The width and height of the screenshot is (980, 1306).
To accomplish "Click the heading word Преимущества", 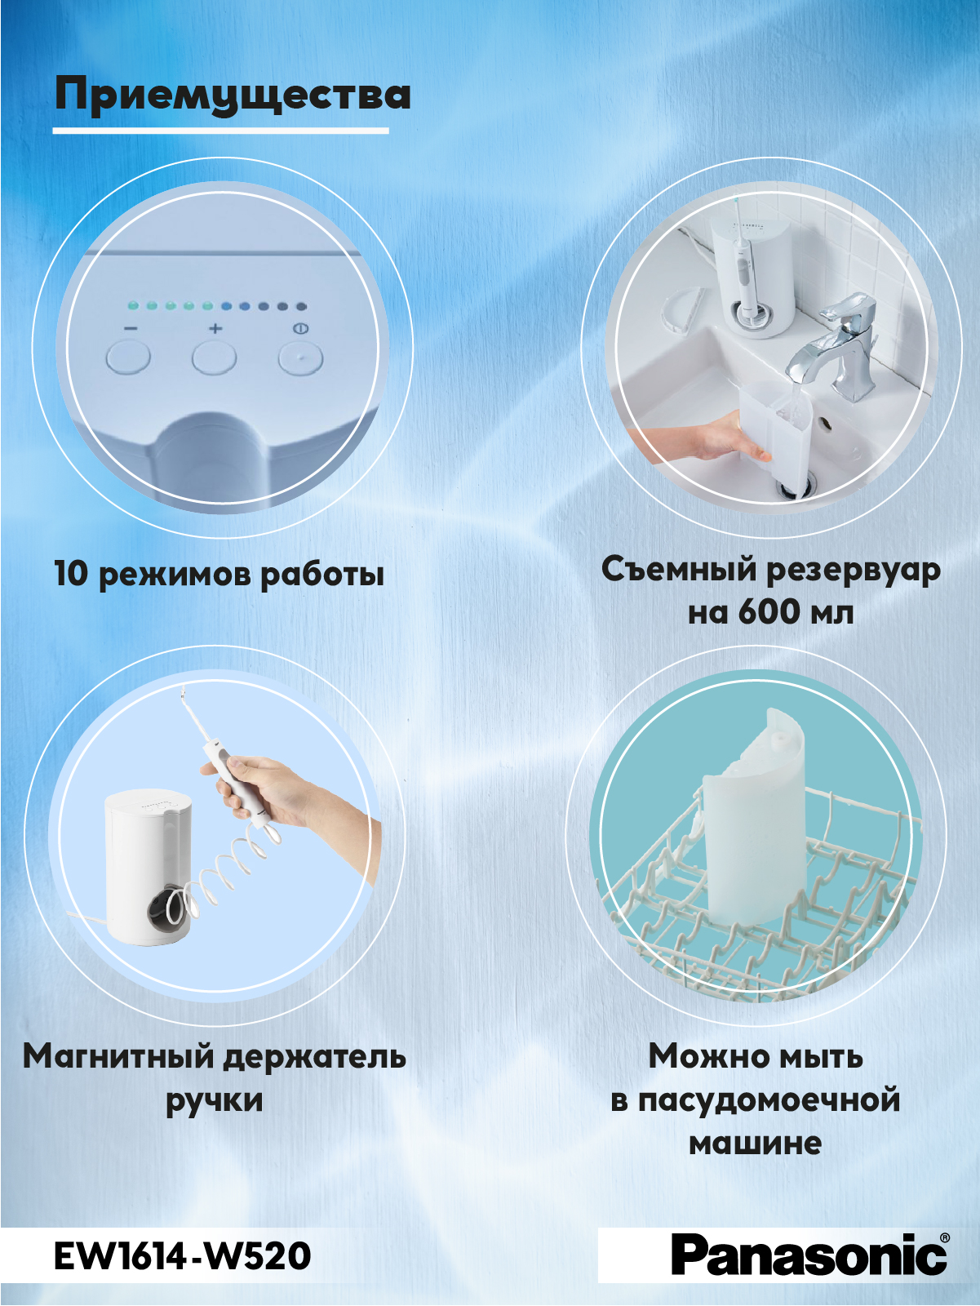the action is [x=233, y=96].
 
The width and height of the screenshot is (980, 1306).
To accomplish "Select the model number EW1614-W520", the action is [x=183, y=1257].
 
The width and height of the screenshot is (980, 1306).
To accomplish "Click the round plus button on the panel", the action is [x=214, y=358].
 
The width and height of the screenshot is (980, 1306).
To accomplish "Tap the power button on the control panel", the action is [x=301, y=359].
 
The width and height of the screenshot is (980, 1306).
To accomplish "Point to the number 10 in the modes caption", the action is [x=71, y=574].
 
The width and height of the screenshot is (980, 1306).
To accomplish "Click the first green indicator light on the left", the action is [x=133, y=306].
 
